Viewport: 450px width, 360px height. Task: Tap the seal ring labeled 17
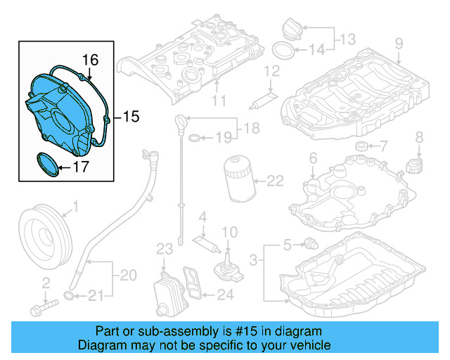46,165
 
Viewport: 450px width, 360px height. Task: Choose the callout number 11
219,101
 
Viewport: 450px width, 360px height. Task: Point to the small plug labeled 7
361,146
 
